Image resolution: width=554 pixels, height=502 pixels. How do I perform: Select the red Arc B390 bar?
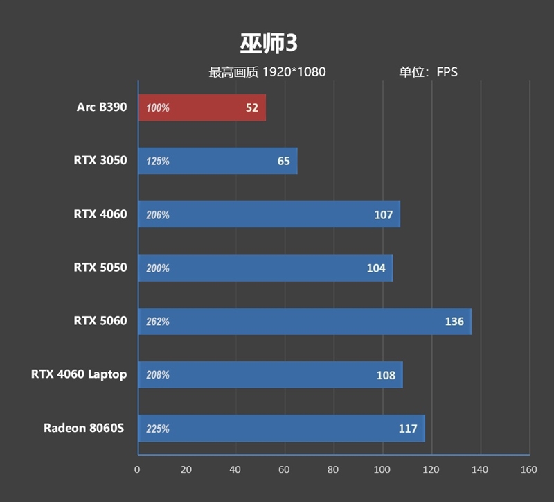202,108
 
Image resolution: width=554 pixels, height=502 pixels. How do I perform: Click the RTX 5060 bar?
305,322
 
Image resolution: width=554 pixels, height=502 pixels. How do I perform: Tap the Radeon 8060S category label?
84,428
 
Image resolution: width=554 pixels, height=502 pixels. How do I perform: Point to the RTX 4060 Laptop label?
79,374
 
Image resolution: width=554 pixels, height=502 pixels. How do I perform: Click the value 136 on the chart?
454,322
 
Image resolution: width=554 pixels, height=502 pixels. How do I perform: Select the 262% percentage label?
158,322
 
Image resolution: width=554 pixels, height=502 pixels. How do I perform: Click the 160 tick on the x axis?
528,470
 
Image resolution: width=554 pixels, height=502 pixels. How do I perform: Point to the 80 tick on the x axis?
333,470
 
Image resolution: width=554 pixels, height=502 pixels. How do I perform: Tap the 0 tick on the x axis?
138,470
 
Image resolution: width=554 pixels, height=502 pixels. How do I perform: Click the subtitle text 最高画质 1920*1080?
267,72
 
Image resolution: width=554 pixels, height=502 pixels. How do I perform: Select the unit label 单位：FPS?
428,72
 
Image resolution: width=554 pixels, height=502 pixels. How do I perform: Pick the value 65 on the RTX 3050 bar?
283,162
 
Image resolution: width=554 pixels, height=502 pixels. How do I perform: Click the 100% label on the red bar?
158,108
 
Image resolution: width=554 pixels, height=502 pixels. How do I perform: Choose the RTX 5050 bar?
265,268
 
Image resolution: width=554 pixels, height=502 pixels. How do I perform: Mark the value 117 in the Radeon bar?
408,429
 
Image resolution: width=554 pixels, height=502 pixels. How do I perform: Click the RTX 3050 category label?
100,160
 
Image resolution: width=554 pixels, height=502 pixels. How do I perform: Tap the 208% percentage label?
158,375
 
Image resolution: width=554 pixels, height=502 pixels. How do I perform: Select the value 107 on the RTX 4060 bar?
383,215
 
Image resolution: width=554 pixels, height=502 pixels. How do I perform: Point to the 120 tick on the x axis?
431,470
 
